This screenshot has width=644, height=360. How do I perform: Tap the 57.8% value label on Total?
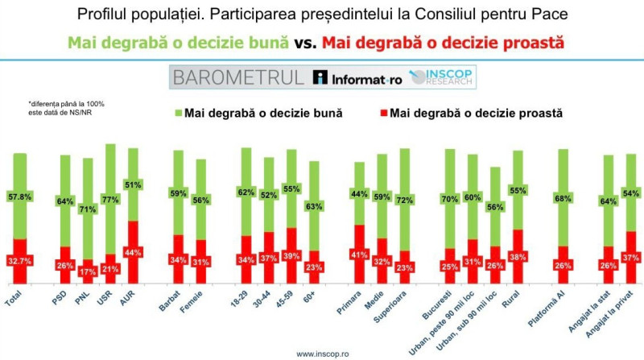pyautogui.click(x=20, y=196)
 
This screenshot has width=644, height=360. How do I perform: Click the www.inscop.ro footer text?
pyautogui.click(x=322, y=353)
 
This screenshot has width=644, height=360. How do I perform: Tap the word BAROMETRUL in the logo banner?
pyautogui.click(x=237, y=77)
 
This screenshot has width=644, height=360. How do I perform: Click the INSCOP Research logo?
pyautogui.click(x=442, y=77)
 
